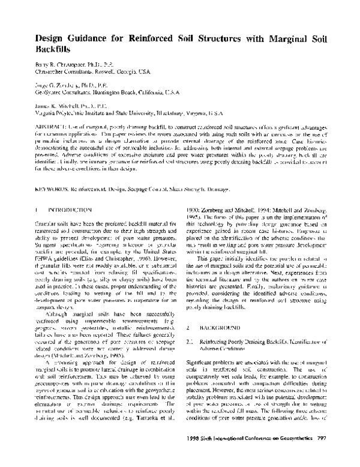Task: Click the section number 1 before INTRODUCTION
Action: point(36,209)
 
